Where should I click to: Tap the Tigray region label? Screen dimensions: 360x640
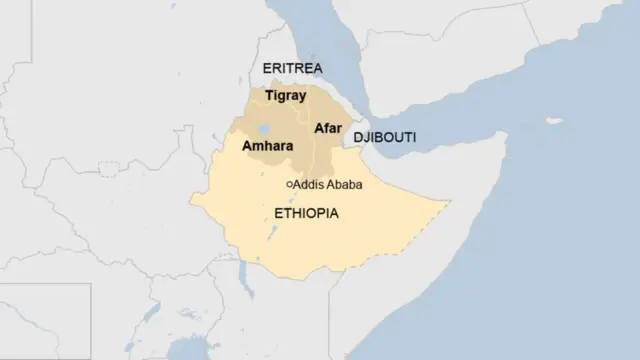285,96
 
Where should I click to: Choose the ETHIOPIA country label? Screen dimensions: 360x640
306,213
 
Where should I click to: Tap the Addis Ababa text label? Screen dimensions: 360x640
328,185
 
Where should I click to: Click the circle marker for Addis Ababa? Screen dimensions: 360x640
289,185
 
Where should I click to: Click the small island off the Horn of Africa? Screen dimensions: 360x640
554,121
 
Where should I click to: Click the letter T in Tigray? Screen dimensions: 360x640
269,96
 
